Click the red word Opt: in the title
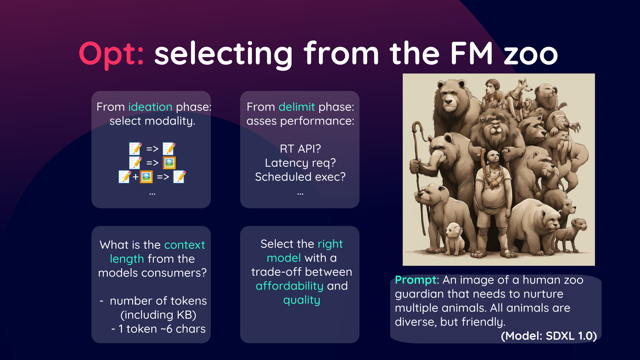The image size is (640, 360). point(111,54)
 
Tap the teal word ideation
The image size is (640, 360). point(150,107)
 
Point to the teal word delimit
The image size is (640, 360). point(297,107)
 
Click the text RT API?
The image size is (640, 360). point(300,149)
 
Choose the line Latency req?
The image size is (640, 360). point(300,163)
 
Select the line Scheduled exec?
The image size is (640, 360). point(300,177)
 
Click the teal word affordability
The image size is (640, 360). point(290,286)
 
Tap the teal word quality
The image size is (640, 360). point(301,300)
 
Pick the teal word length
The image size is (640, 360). point(127,259)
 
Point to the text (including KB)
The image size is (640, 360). point(158,315)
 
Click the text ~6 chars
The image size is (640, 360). point(186,329)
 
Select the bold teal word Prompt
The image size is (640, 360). point(415,280)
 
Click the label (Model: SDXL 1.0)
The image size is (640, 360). point(549,336)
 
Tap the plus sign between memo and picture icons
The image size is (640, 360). point(135,177)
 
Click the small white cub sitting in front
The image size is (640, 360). point(454,239)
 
